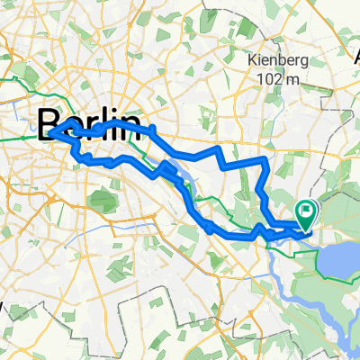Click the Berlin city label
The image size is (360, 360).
click(x=90, y=123)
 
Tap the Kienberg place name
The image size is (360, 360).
click(x=275, y=61)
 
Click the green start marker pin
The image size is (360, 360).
click(x=307, y=213)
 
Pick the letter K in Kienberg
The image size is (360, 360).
click(x=252, y=61)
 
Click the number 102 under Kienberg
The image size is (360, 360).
click(x=268, y=79)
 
